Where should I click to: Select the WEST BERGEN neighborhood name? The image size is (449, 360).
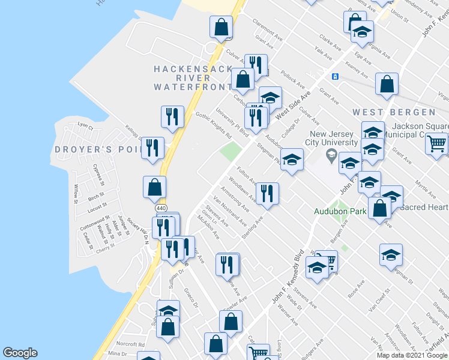394,112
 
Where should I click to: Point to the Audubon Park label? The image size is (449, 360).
338,211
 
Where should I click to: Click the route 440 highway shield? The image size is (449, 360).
163,208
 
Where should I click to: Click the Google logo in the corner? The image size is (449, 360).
20,353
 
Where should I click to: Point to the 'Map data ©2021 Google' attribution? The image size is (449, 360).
412,355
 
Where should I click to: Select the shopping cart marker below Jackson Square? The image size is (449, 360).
436,143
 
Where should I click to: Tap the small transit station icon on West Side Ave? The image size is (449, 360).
335,76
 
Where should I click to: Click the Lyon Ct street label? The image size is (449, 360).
86,127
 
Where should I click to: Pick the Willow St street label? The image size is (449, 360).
76,193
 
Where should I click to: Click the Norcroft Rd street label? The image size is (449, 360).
131,345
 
